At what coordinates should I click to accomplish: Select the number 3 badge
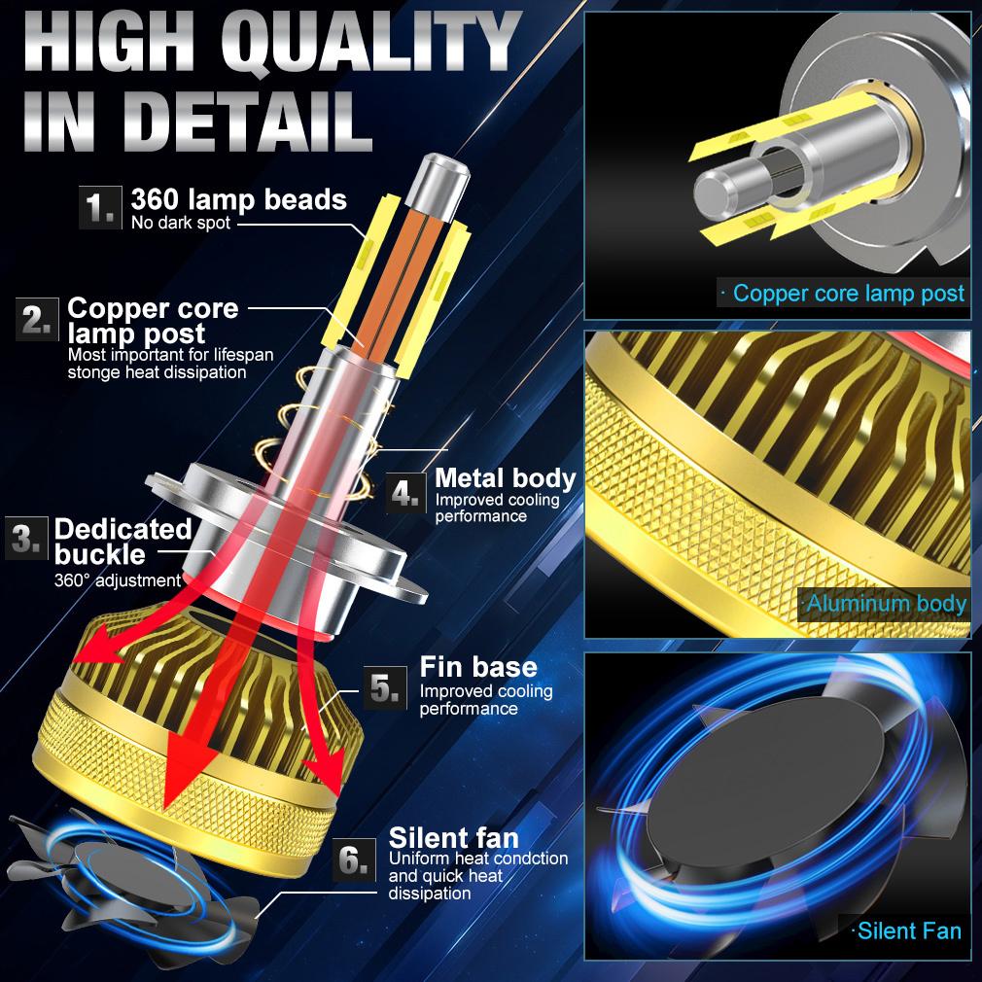(x=26, y=540)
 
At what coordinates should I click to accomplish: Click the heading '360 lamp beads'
(x=238, y=199)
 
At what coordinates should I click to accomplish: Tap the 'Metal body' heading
(x=505, y=477)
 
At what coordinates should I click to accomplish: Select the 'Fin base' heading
(x=477, y=667)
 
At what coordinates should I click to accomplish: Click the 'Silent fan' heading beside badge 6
(x=453, y=837)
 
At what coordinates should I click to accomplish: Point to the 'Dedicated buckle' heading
(x=123, y=542)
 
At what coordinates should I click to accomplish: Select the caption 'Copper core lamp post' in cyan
(x=848, y=293)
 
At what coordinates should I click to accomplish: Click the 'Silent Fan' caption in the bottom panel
(x=908, y=930)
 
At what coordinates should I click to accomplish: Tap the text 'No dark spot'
(x=182, y=224)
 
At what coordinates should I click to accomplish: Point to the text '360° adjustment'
(x=117, y=581)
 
